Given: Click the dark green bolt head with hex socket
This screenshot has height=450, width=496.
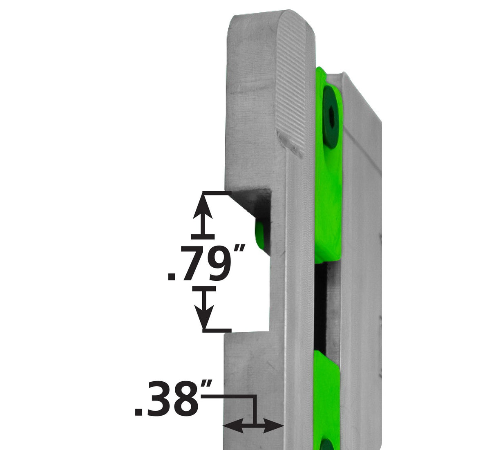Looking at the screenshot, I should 332,119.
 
